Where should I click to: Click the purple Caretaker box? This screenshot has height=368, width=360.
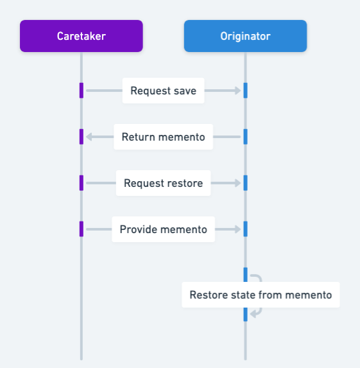point(81,36)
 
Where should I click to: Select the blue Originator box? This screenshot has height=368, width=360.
point(245,36)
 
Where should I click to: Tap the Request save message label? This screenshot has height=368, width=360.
point(163,91)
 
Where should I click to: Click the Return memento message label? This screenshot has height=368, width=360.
point(163,137)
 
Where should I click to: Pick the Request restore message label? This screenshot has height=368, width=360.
point(163,183)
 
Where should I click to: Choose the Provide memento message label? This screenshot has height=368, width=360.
point(163,229)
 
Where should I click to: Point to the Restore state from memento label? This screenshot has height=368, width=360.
point(260,295)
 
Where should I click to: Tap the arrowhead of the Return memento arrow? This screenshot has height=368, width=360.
point(90,137)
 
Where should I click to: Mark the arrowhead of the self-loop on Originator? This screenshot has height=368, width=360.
point(253,313)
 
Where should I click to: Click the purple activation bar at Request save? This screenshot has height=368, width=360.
point(81,91)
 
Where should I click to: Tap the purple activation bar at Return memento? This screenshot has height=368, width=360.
point(81,137)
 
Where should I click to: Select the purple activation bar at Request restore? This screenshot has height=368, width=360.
point(81,183)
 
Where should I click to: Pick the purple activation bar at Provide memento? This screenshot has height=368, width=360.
point(81,229)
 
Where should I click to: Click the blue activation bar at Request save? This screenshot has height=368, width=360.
point(245,91)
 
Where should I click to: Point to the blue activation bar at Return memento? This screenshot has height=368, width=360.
point(245,137)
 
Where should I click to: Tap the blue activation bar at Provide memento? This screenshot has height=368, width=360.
point(245,229)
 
